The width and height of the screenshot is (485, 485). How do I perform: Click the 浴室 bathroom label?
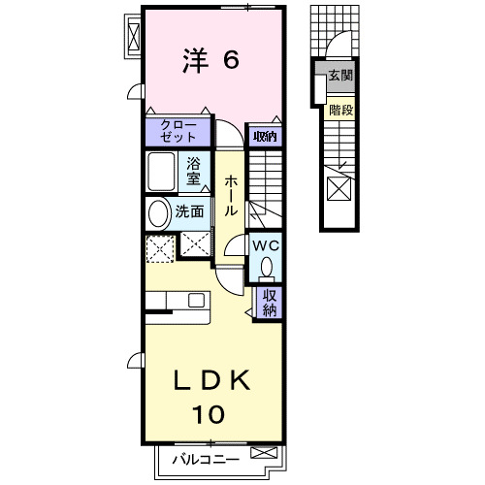pos(194,170)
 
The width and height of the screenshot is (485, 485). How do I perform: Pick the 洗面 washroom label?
pos(189,211)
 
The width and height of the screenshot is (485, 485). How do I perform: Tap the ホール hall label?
pos(231,194)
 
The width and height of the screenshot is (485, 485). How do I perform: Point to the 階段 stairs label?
pos(339,110)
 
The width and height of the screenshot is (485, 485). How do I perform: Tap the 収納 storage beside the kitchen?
pos(269,303)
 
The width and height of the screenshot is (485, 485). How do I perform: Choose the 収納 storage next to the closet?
pos(264,137)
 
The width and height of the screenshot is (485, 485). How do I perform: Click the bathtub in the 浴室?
pos(163,173)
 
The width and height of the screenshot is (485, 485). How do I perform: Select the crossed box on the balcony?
pos(262,453)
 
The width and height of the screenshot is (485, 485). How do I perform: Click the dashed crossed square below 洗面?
pos(158,248)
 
